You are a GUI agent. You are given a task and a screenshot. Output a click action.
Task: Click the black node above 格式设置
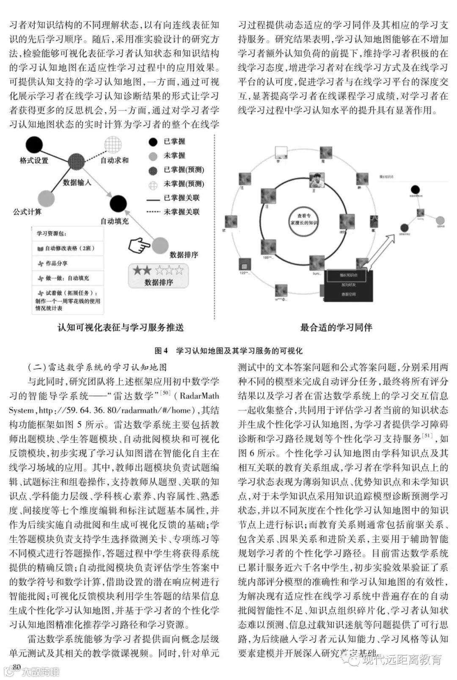tap(34, 145)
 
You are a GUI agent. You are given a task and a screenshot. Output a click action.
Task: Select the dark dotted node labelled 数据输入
tap(76, 163)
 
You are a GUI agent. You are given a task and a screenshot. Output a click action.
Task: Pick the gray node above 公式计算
tap(46, 199)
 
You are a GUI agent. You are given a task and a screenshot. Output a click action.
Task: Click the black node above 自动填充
tap(118, 204)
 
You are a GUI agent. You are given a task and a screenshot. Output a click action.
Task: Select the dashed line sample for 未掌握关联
tap(153, 212)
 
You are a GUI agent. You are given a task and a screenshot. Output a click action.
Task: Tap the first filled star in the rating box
tap(137, 271)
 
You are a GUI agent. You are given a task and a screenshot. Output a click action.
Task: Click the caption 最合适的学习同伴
tap(336, 327)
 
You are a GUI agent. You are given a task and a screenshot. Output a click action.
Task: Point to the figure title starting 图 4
tap(228, 351)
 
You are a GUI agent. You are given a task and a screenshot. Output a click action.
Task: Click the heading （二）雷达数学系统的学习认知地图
tap(97, 367)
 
